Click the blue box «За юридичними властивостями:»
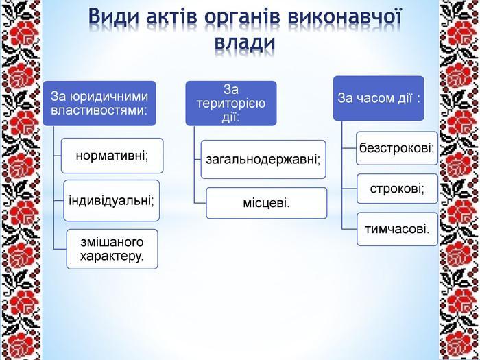pyautogui.click(x=99, y=103)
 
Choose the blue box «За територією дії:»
pyautogui.click(x=231, y=103)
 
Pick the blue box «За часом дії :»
pyautogui.click(x=379, y=98)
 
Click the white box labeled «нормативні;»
pyautogui.click(x=112, y=156)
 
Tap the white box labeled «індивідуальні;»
pyautogui.click(x=111, y=201)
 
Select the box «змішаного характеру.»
pyautogui.click(x=112, y=249)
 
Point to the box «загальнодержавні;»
pyautogui.click(x=263, y=160)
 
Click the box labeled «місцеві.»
pyautogui.click(x=267, y=203)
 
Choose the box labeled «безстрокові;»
pyautogui.click(x=397, y=149)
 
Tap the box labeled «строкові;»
pyautogui.click(x=397, y=189)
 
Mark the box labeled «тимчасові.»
pyautogui.click(x=397, y=229)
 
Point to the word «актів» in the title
pyautogui.click(x=171, y=16)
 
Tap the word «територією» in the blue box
pyautogui.click(x=231, y=104)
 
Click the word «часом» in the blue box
pyautogui.click(x=372, y=99)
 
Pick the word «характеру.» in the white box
pyautogui.click(x=112, y=256)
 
